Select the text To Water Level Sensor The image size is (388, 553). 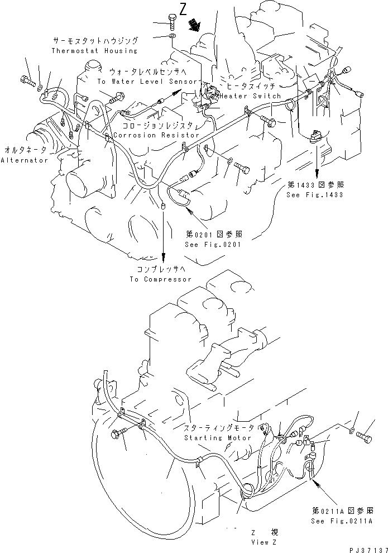[148, 81]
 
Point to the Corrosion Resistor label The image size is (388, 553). [155, 135]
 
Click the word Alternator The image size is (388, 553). [24, 160]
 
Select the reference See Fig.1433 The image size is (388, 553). [314, 194]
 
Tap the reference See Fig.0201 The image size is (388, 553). [214, 245]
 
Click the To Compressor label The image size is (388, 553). [160, 279]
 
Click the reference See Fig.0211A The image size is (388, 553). [342, 520]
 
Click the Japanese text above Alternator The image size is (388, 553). [26, 151]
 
